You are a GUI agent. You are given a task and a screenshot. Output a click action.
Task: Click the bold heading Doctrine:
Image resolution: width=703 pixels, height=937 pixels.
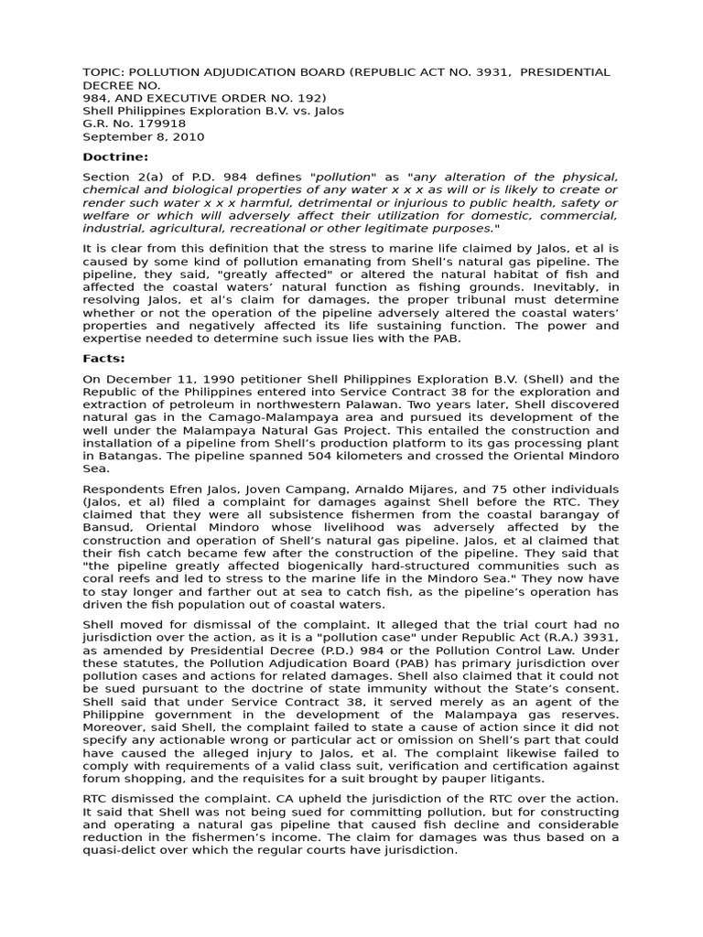pos(114,157)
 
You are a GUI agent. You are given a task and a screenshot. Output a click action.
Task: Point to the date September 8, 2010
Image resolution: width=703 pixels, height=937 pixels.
pos(144,137)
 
